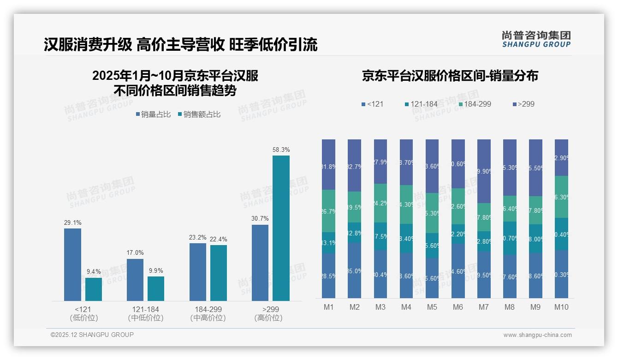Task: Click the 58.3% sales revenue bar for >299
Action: [x=281, y=228]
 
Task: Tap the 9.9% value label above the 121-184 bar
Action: [x=156, y=270]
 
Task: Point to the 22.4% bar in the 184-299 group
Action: [x=219, y=273]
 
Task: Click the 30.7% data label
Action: [x=260, y=218]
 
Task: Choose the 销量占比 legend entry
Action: [x=155, y=114]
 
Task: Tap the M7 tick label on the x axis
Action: [x=484, y=307]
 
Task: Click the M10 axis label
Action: [x=561, y=307]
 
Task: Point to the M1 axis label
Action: [x=329, y=307]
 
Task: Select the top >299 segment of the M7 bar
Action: [x=484, y=171]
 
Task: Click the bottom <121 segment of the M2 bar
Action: [x=355, y=270]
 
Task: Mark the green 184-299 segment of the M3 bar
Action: [x=380, y=203]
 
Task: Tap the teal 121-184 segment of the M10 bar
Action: [x=561, y=234]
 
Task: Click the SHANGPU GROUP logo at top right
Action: [x=536, y=39]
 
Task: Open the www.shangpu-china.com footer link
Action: [x=537, y=335]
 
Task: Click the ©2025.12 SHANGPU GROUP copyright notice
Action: [x=92, y=335]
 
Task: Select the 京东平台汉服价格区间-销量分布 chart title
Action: [x=450, y=76]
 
